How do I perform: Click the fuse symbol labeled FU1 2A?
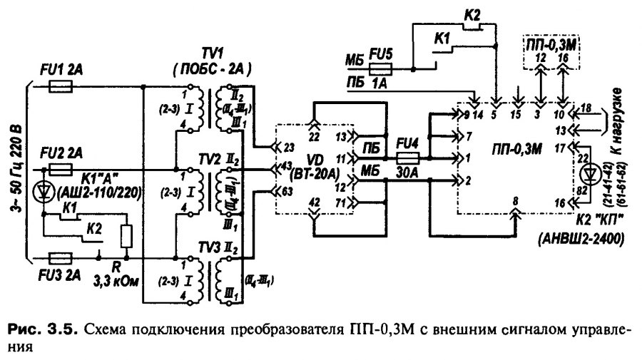pos(60,86)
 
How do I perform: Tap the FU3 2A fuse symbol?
pos(60,255)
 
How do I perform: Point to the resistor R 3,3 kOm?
pos(127,235)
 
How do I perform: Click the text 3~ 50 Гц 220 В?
pos(16,171)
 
